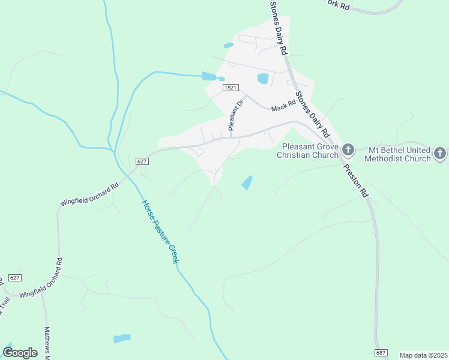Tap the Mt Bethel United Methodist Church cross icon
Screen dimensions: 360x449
[x=440, y=153]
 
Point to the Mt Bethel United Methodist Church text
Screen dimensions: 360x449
[x=399, y=154]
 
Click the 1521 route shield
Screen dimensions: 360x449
[x=231, y=88]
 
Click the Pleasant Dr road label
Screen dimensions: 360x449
[x=235, y=115]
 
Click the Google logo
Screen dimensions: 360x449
[x=20, y=353]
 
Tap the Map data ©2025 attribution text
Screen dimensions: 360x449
[x=423, y=355]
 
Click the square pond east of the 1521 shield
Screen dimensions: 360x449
[x=263, y=79]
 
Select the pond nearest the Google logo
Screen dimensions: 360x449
[x=122, y=338]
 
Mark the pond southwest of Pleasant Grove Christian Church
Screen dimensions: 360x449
[x=247, y=183]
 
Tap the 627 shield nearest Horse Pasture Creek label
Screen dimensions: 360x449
[x=142, y=161]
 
